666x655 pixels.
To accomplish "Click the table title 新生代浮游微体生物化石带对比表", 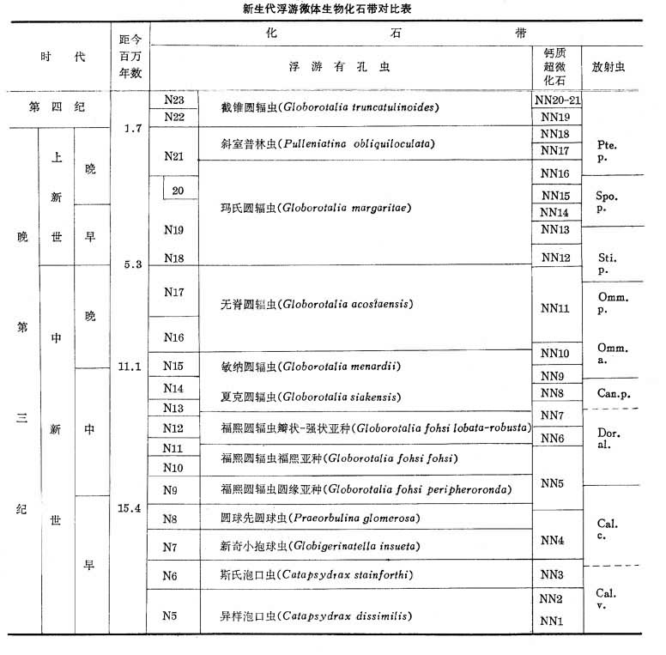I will [333, 9].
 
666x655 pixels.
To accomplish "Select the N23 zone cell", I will [174, 99].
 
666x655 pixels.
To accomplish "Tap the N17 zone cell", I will [174, 292].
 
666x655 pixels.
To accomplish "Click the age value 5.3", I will [132, 264].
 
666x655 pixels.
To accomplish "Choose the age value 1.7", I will [132, 129].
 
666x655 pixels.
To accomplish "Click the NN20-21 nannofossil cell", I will [555, 99].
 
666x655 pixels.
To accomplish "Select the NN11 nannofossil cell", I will [555, 307].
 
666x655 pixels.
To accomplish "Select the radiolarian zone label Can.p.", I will [612, 391].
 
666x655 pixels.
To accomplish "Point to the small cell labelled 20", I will [179, 190].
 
